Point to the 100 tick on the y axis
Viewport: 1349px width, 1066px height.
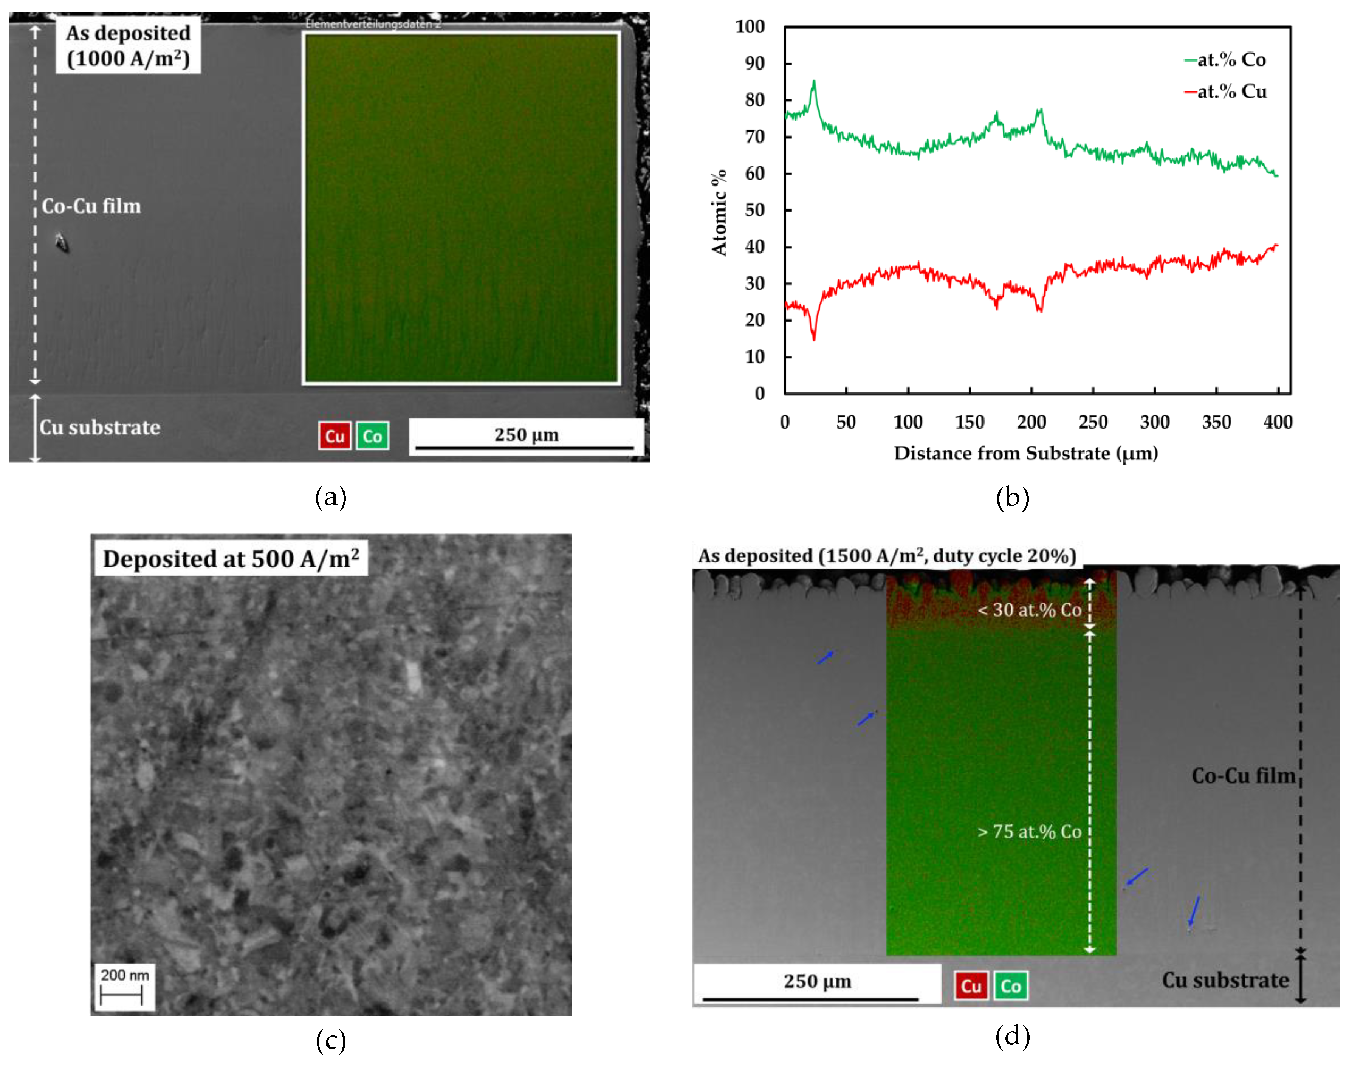tap(750, 27)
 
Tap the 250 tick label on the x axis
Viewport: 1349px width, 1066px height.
tap(1093, 423)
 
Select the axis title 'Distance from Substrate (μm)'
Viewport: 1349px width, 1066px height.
tap(1026, 453)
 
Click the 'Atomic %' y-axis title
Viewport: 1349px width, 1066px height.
tap(719, 212)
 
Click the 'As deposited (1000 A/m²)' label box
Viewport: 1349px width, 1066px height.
tap(128, 46)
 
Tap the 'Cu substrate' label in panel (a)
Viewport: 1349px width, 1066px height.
tap(100, 428)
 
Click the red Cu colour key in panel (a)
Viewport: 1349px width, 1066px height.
tap(335, 435)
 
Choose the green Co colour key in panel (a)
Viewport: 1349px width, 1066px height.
tap(373, 435)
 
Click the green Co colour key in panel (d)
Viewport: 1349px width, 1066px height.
tap(1010, 986)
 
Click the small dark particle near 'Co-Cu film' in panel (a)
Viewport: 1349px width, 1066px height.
tap(61, 243)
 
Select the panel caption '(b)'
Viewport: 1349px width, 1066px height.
tap(1012, 497)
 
